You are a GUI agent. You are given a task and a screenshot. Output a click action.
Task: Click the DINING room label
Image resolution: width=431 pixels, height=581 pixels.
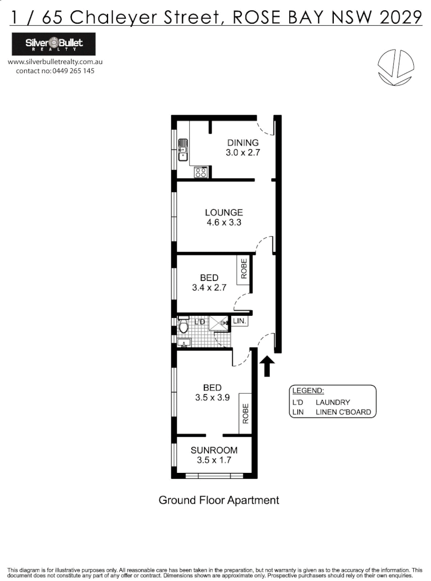coord(243,143)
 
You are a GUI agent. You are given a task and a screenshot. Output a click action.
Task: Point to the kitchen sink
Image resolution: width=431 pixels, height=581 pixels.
coord(184,150)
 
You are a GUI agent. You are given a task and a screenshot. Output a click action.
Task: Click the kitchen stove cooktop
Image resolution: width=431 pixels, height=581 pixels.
coord(202,172)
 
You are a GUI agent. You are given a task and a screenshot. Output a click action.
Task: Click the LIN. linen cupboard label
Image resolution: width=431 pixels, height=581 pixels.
coord(240,321)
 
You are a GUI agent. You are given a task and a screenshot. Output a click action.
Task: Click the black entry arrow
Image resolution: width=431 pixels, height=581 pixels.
coord(267,367)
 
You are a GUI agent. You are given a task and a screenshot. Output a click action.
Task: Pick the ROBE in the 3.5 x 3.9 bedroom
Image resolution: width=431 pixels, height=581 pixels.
coord(245,414)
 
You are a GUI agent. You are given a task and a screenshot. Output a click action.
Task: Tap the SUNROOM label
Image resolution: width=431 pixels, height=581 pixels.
coord(214,450)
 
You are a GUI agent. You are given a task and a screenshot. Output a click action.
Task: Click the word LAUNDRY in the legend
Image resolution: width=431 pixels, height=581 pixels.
coord(333,402)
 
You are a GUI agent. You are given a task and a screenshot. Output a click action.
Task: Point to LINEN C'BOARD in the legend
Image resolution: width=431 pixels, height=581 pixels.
coord(343,412)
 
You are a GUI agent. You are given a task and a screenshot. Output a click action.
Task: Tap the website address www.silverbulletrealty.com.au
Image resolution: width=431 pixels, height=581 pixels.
coord(55,62)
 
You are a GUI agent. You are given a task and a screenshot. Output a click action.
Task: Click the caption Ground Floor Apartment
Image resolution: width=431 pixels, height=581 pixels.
coord(219,500)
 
